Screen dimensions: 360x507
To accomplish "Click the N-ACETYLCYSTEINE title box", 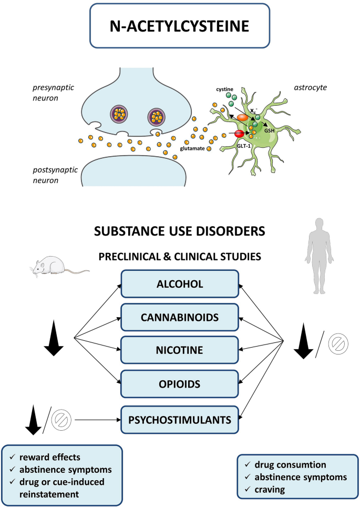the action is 179,26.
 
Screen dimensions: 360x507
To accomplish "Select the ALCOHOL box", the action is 180,284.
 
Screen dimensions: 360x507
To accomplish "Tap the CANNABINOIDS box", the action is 180,317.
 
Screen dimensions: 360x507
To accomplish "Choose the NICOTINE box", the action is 180,350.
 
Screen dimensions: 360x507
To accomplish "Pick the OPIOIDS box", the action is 180,384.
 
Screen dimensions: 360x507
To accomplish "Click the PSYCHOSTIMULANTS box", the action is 180,420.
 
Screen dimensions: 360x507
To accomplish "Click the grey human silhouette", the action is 319,256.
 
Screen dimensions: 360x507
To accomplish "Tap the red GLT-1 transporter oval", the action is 240,133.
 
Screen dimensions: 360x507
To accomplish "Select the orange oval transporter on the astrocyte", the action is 242,118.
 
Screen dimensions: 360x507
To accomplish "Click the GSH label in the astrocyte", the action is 269,130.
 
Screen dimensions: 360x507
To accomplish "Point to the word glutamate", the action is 192,149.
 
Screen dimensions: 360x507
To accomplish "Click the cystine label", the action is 224,89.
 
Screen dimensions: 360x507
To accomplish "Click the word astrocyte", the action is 310,88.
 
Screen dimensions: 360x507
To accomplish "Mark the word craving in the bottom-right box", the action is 270,490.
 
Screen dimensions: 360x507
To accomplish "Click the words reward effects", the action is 50,457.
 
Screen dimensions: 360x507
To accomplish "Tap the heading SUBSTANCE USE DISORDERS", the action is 180,231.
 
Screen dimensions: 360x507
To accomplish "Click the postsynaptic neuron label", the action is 55,175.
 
